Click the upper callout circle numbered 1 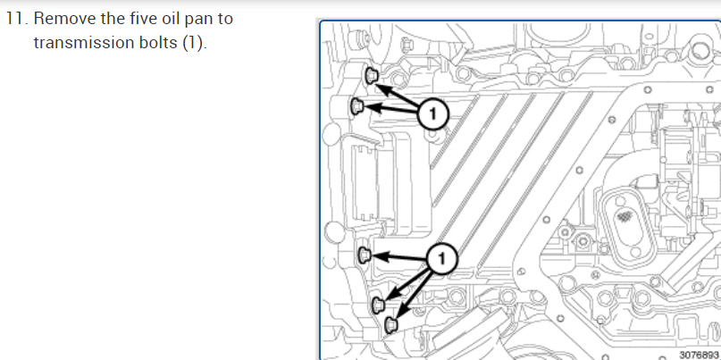coord(432,113)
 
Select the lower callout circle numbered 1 coord(442,260)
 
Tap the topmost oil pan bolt coord(373,75)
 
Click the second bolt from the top coord(356,107)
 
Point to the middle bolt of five coord(364,256)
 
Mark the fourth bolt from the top coord(378,306)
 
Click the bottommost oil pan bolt coord(390,325)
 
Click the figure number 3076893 coord(699,354)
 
